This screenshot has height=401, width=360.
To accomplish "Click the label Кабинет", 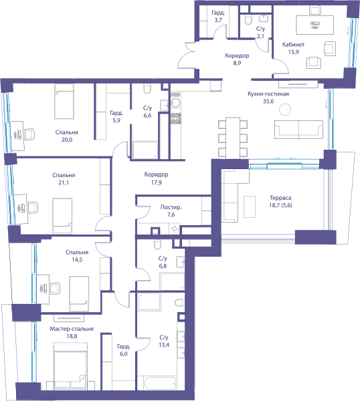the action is pyautogui.click(x=293, y=45).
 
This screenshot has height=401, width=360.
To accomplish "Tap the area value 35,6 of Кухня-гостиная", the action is pyautogui.click(x=268, y=102).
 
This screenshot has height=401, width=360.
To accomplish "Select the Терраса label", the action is pyautogui.click(x=280, y=198).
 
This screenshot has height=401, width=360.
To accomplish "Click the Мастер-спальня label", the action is pyautogui.click(x=72, y=329).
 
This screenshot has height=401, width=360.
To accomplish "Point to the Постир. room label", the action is pyautogui.click(x=171, y=207).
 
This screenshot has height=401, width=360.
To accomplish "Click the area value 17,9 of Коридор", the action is pyautogui.click(x=156, y=182).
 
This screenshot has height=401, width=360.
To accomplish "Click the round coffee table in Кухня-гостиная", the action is pyautogui.click(x=285, y=110).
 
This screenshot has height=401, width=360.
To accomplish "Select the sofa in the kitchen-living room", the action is pyautogui.click(x=298, y=129).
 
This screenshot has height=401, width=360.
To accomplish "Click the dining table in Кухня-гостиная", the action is pyautogui.click(x=233, y=138).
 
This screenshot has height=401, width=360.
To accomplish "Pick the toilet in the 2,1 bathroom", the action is pyautogui.click(x=248, y=20).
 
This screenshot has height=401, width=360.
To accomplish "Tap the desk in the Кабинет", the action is pyautogui.click(x=314, y=25).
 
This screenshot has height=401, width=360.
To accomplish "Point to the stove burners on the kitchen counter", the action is pyautogui.click(x=175, y=118).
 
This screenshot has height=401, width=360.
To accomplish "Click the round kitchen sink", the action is pyautogui.click(x=175, y=102).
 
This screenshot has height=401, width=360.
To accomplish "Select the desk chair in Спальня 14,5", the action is pyautogui.click(x=55, y=288).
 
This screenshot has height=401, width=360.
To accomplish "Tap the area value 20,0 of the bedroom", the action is pyautogui.click(x=66, y=140).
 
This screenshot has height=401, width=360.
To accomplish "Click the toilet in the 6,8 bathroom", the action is pyautogui.click(x=157, y=244).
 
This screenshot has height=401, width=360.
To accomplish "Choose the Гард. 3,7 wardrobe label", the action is pyautogui.click(x=218, y=16).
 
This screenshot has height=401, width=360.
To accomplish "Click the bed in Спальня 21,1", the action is pyautogui.click(x=62, y=216).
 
